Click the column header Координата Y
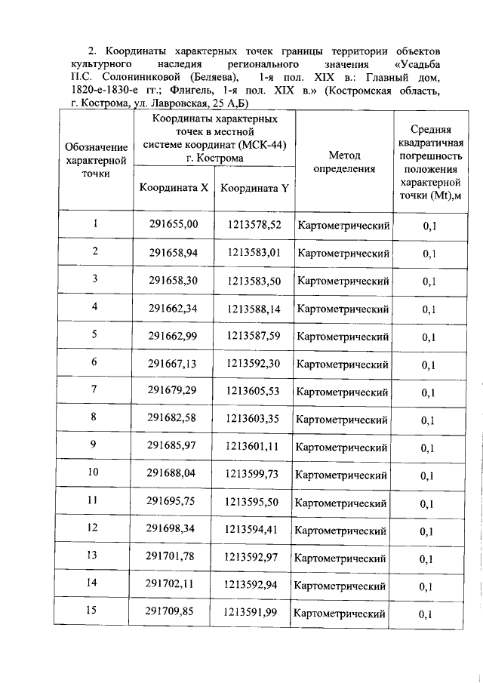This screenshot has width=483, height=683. pyautogui.click(x=254, y=189)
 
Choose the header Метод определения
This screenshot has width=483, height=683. pyautogui.click(x=344, y=162)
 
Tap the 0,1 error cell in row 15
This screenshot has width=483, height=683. pyautogui.click(x=428, y=614)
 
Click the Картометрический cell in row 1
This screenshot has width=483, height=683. pyautogui.click(x=343, y=225)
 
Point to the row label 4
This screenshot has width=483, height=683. pyautogui.click(x=94, y=306)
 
